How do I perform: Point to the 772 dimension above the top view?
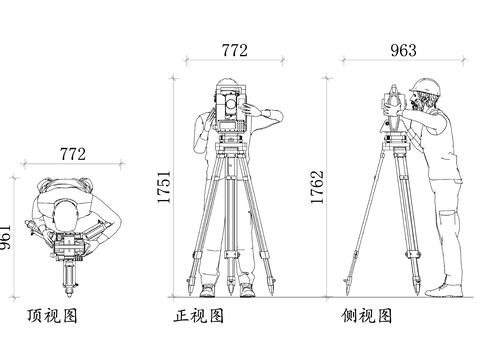[73, 154]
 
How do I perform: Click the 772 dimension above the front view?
[233, 49]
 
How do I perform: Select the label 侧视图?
[366, 317]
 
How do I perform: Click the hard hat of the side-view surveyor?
[429, 86]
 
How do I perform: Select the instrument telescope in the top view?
[70, 275]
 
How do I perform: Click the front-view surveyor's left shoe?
[208, 291]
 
